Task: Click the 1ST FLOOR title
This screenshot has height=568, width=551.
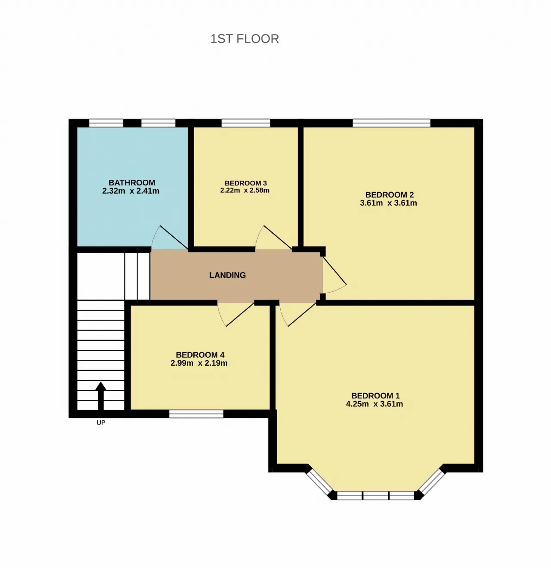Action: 245,39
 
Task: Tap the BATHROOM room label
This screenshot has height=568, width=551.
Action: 132,183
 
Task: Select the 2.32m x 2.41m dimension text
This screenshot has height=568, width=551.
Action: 130,191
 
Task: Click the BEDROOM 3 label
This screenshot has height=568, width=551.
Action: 245,183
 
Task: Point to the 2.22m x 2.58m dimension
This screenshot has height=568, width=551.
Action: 245,190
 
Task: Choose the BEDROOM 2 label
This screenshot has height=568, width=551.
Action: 389,194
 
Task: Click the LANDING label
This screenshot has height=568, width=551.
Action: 227,275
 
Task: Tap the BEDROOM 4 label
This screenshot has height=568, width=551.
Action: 200,355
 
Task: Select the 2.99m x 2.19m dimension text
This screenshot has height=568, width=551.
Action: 199,363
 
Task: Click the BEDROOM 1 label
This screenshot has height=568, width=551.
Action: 375,396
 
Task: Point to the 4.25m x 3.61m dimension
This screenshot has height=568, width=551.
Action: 375,404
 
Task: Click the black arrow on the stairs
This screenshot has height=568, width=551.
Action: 101,396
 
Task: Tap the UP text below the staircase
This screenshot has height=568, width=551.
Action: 101,423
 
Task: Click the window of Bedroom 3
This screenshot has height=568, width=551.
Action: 245,123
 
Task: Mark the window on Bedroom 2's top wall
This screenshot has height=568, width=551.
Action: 391,123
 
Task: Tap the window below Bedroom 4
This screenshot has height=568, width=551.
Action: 196,414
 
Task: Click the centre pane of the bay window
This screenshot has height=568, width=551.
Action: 375,496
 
